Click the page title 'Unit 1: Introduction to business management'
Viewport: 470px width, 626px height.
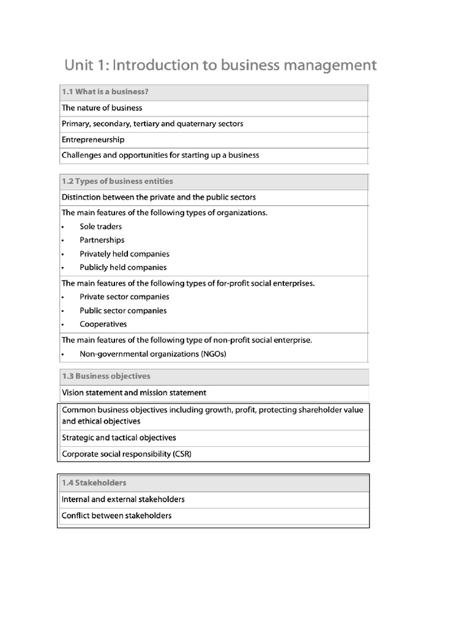[220, 65]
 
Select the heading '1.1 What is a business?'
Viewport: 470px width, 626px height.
[105, 92]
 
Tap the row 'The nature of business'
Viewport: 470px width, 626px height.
[102, 108]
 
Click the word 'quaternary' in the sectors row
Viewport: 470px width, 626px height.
[196, 123]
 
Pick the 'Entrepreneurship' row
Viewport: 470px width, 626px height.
[93, 139]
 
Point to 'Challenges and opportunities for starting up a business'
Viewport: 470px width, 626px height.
[160, 155]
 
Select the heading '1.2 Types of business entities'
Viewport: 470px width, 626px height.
[117, 181]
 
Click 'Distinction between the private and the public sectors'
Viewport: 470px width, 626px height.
[159, 197]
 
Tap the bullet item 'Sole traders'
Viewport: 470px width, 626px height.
[100, 227]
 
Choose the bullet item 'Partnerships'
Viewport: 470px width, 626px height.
[102, 240]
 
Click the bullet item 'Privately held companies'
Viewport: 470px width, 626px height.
[124, 254]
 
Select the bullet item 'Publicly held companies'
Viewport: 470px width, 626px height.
[122, 267]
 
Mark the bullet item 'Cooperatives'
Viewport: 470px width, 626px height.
[103, 324]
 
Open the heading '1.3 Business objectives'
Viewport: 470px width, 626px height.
[106, 376]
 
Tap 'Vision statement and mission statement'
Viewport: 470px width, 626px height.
[134, 392]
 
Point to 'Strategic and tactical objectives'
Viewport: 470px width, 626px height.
[119, 438]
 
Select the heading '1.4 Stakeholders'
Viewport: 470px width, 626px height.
[94, 483]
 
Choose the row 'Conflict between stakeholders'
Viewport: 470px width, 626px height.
[116, 515]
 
